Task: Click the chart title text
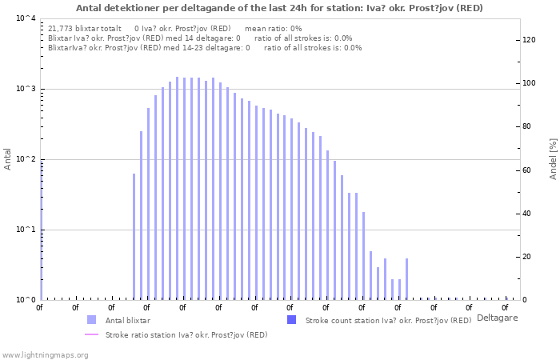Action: tap(279, 8)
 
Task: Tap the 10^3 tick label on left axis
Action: tap(26, 89)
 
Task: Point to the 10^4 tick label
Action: tap(26, 18)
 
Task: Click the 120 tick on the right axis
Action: tap(529, 40)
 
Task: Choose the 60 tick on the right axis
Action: tap(526, 170)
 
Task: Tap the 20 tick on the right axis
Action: tap(526, 257)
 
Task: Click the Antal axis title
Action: tap(7, 159)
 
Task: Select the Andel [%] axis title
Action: tap(553, 159)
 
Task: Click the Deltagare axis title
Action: tap(497, 318)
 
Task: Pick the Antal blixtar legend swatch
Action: tap(91, 320)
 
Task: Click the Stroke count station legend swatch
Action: tap(292, 320)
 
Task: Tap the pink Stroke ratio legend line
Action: tap(91, 334)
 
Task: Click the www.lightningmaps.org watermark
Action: tap(45, 355)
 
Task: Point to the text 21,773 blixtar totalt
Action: tap(85, 29)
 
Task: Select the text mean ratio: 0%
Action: tap(274, 29)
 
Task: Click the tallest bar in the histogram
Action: tap(177, 188)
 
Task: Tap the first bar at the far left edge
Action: tap(42, 230)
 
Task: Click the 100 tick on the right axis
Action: tap(529, 83)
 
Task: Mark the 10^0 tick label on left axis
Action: tap(26, 300)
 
